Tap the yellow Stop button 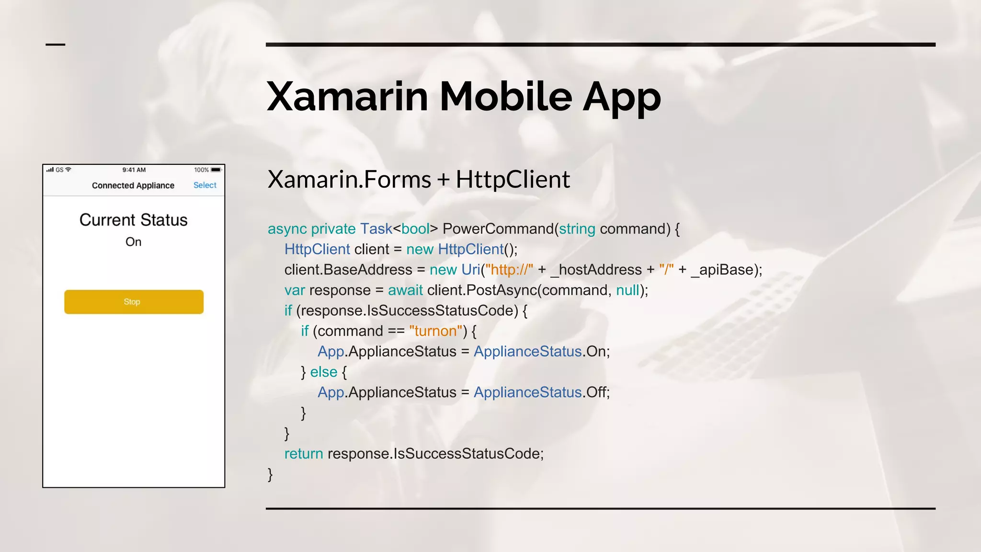tap(134, 302)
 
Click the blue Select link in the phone tap(205, 185)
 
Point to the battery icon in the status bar tap(216, 170)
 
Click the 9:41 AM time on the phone tap(134, 170)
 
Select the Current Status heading tap(133, 220)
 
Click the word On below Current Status tap(133, 242)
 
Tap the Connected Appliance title tap(133, 185)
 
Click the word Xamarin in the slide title tap(347, 97)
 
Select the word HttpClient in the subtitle tap(513, 180)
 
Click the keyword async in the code tap(287, 229)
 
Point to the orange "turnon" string tap(436, 331)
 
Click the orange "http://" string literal tap(509, 270)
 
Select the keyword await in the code tap(405, 290)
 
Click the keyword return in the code tap(304, 454)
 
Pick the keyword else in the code tap(323, 372)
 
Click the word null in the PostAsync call tap(627, 290)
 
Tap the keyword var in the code tap(294, 290)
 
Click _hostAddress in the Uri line tap(596, 270)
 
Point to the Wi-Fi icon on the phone tap(68, 170)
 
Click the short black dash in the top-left tap(55, 45)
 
